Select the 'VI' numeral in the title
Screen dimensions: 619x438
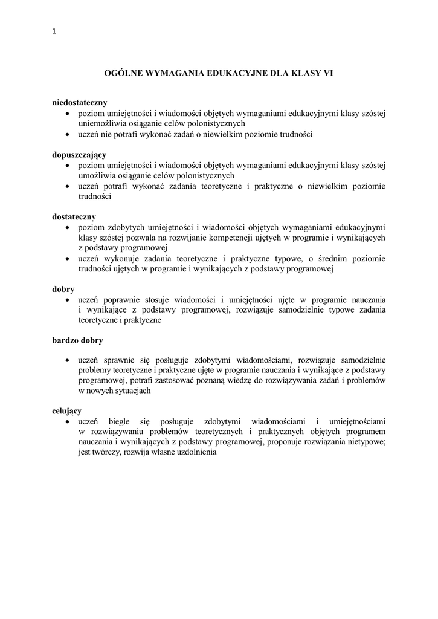(x=329, y=74)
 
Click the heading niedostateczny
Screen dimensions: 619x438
(x=79, y=103)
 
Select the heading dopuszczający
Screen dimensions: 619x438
(x=79, y=155)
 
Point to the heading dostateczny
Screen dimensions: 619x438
(x=74, y=216)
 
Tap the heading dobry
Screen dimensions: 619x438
(x=63, y=290)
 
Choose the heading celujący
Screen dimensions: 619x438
(x=67, y=411)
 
